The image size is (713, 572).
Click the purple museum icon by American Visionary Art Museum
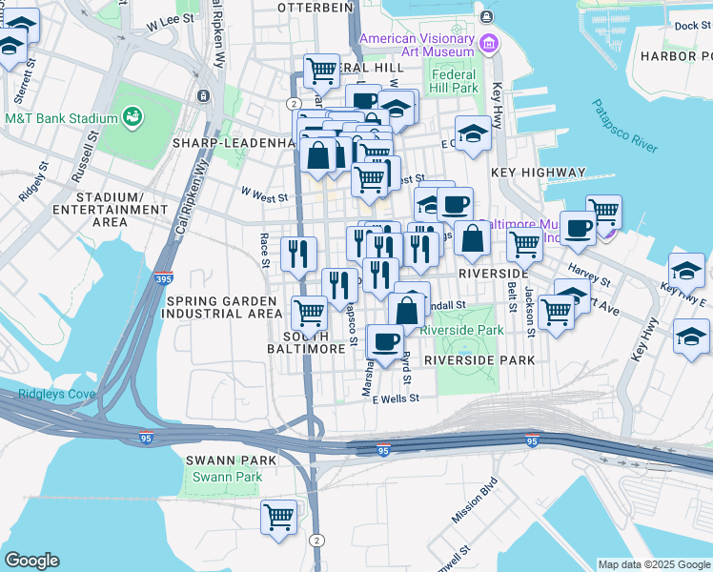tap(489, 42)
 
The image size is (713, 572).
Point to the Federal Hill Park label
tap(454, 81)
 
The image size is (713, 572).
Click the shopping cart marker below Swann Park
tap(278, 518)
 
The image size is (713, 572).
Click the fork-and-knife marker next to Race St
tap(298, 254)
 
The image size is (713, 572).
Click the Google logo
tap(31, 561)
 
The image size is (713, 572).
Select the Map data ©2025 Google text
tap(653, 564)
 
